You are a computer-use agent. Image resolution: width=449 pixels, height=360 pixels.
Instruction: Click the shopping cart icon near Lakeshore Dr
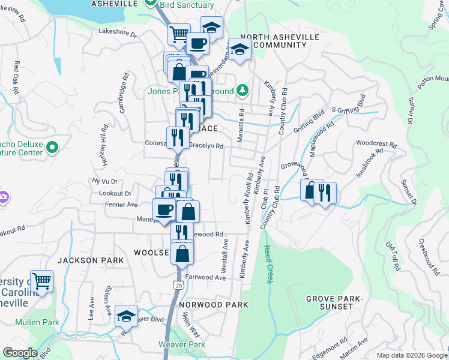[179, 34]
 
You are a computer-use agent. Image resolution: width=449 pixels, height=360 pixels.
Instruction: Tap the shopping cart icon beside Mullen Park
[41, 280]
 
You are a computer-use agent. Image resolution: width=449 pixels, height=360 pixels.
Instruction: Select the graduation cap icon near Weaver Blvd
[126, 316]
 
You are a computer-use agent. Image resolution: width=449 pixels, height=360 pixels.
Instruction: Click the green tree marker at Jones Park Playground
[242, 91]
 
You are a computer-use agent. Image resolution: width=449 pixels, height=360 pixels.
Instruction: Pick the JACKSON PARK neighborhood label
[91, 260]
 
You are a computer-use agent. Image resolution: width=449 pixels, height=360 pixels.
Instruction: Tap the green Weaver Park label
[182, 344]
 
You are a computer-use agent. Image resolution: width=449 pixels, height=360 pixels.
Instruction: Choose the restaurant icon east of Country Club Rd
[325, 193]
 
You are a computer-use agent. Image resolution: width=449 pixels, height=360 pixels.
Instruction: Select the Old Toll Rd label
[393, 257]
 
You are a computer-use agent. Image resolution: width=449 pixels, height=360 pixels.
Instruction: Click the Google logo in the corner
[20, 353]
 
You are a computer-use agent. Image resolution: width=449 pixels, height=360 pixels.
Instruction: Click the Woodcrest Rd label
[376, 144]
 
